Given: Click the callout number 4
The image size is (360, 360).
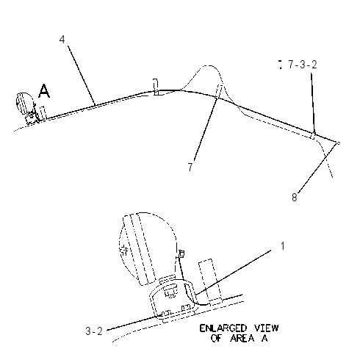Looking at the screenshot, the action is pos(62,40).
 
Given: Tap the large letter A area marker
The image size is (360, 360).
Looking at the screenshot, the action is pos(44,90).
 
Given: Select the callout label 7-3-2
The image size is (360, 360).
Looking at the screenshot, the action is pos(303,65).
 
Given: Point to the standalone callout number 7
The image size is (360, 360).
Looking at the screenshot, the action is pos(190,167).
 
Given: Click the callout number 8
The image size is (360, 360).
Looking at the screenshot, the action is pos(295,197).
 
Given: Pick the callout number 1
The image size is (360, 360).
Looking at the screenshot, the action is pos(283,246).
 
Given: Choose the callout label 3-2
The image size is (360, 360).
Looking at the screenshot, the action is pos(94,331).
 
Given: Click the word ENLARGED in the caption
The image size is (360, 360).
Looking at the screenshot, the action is pos(223,328).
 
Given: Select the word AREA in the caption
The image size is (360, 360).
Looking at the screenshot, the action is pos(242,338).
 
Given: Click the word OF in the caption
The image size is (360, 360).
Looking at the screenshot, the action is pos(217,338).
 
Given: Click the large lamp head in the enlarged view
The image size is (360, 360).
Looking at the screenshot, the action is pos(147,248).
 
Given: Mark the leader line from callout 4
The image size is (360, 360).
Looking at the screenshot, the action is pos(82,76).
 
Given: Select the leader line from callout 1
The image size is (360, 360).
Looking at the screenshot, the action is pos(233,272).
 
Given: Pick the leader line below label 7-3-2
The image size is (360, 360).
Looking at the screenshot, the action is pos(313,104).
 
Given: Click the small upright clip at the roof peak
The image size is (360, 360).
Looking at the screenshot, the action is pos(156,87).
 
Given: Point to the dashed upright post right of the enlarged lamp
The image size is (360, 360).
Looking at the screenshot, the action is pos(210,281).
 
